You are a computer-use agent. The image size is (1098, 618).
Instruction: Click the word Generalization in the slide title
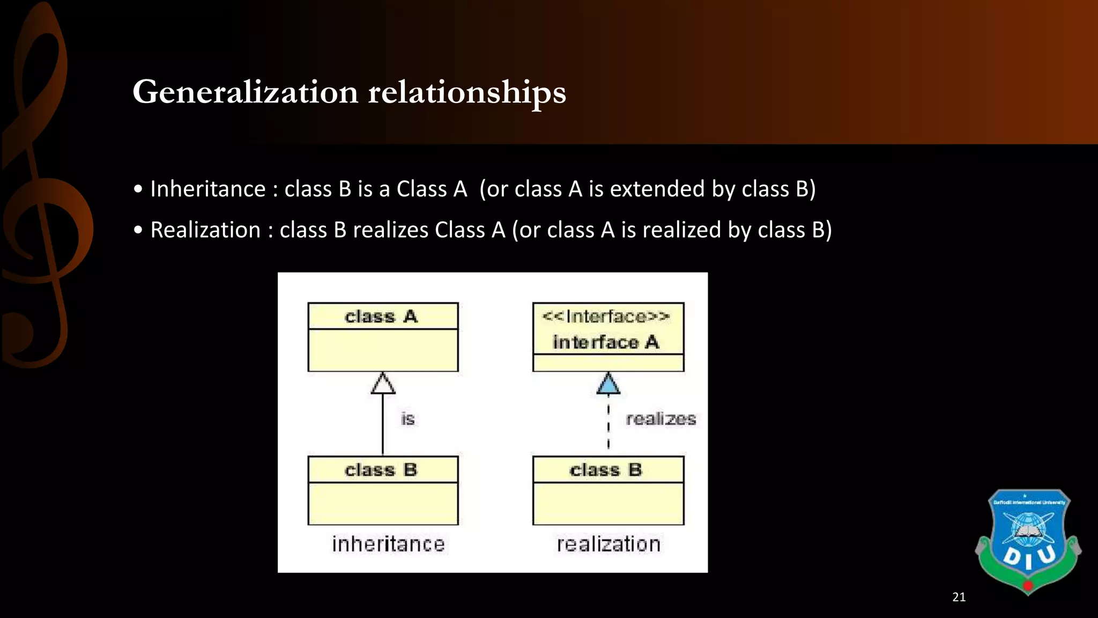(x=245, y=92)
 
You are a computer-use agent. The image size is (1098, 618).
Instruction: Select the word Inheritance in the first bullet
(x=208, y=189)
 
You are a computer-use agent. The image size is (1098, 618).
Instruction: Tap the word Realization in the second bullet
(x=205, y=230)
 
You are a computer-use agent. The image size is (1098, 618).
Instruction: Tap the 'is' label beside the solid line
(x=408, y=418)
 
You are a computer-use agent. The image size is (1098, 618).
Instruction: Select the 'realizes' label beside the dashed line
(x=661, y=418)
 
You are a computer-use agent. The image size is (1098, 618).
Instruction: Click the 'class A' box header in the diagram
(x=382, y=317)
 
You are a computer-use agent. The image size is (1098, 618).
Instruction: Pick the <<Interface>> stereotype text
(x=606, y=316)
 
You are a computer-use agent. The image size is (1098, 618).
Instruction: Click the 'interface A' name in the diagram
(x=606, y=342)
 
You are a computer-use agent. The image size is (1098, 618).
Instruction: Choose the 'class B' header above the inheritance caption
(x=382, y=470)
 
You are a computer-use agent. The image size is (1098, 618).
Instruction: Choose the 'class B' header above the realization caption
(x=606, y=470)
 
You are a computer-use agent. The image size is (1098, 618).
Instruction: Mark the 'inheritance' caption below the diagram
(x=388, y=544)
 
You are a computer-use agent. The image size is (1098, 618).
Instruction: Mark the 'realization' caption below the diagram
(x=608, y=544)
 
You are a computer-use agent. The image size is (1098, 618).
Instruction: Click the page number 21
(x=959, y=597)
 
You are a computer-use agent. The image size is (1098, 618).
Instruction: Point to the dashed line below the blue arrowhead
(x=608, y=426)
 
